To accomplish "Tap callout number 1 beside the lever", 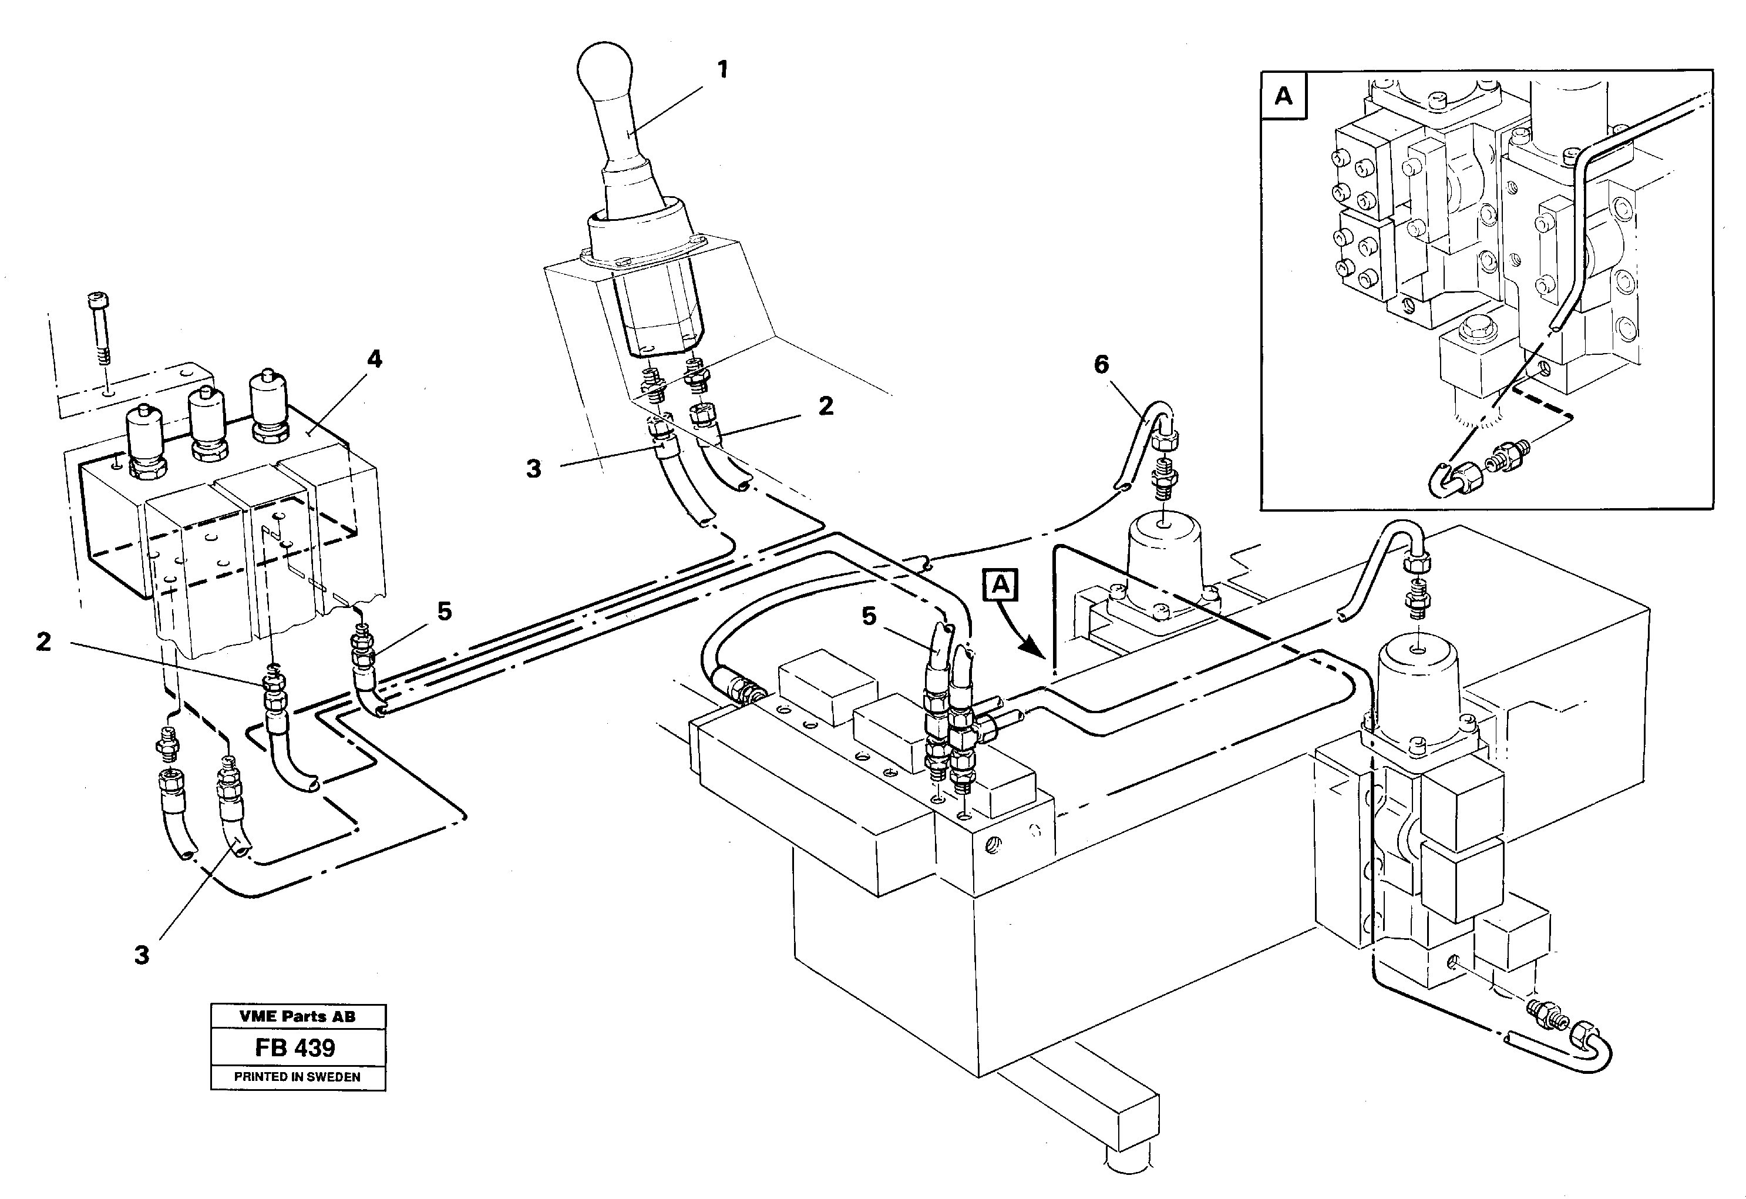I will [x=722, y=70].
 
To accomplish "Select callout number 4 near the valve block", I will [x=374, y=360].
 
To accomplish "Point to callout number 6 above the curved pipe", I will [x=1101, y=365].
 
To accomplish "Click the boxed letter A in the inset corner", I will [x=1283, y=96].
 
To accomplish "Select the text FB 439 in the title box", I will [x=295, y=1047].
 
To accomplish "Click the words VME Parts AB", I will [x=298, y=1016].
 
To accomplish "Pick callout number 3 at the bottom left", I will [x=142, y=955].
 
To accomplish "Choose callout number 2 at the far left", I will [x=43, y=642].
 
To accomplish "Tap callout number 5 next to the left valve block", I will [x=445, y=612].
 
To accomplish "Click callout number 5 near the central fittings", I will [x=869, y=616].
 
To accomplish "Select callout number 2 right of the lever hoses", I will [x=826, y=407].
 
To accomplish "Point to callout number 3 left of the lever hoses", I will [x=533, y=469].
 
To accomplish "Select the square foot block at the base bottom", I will [x=1135, y=1120].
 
